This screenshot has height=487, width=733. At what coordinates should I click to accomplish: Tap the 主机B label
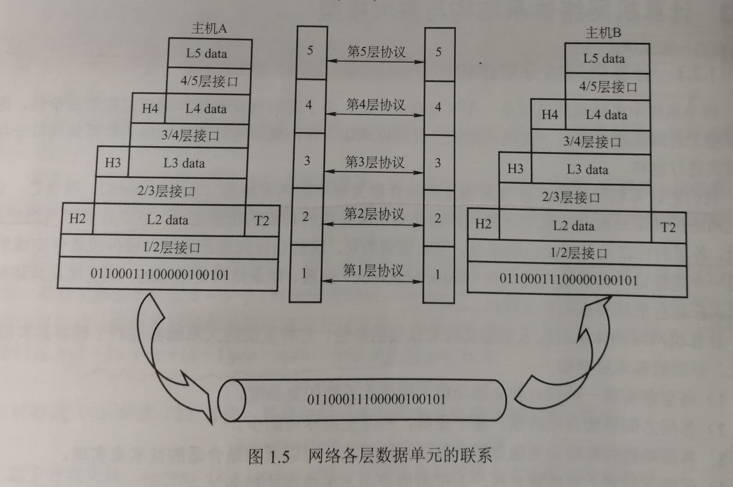(x=603, y=34)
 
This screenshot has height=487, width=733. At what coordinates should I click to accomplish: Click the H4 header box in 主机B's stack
(x=550, y=115)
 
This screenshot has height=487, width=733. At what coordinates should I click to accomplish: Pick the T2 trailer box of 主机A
(x=262, y=220)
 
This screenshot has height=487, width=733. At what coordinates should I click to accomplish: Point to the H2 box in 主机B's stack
(x=483, y=225)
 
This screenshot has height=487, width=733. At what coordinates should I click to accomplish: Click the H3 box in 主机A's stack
(x=112, y=163)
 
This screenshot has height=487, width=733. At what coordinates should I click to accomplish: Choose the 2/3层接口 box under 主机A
(x=171, y=191)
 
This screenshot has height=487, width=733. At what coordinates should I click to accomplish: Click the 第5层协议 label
(x=376, y=51)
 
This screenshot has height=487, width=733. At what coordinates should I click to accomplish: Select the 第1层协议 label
(x=373, y=269)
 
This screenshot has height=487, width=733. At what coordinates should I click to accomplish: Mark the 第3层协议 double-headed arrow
(x=375, y=172)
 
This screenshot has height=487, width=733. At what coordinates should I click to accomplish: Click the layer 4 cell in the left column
(x=309, y=106)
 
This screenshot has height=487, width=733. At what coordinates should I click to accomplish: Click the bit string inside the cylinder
(x=377, y=399)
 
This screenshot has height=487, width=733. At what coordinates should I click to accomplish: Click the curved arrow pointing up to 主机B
(x=561, y=354)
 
